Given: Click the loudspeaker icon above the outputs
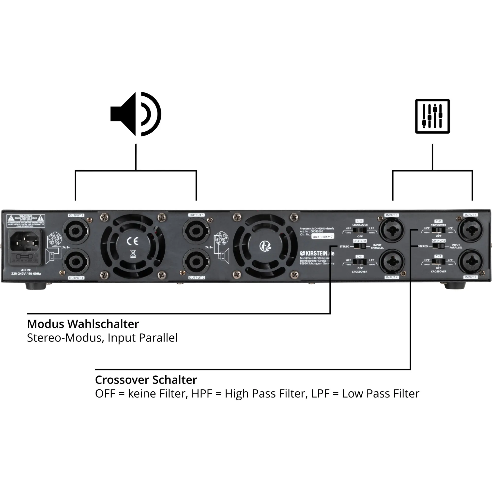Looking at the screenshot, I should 136,114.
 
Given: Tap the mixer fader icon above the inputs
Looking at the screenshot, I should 432,116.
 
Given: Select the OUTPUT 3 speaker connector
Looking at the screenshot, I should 76,231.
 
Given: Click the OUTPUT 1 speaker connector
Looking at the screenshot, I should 196,231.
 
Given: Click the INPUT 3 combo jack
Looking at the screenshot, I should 392,230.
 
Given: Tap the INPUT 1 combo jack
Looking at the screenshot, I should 471,230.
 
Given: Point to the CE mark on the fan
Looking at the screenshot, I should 133,241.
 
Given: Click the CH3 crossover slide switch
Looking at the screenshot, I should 360,230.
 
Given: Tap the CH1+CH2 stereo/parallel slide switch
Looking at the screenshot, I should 439,246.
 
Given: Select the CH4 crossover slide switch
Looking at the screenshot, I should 360,262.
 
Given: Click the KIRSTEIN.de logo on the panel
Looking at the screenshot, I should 317,253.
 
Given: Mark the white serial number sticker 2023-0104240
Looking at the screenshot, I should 323,237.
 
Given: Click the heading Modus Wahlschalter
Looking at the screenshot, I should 83,324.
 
